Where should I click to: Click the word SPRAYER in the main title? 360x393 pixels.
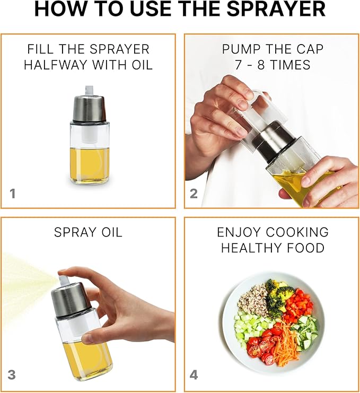276,9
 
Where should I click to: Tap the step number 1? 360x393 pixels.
13,194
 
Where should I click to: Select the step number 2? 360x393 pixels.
194,194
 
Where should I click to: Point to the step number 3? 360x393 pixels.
12,375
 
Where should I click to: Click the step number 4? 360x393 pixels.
194,375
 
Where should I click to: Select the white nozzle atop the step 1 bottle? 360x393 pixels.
89,91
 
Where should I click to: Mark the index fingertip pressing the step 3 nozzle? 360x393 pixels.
62,273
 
